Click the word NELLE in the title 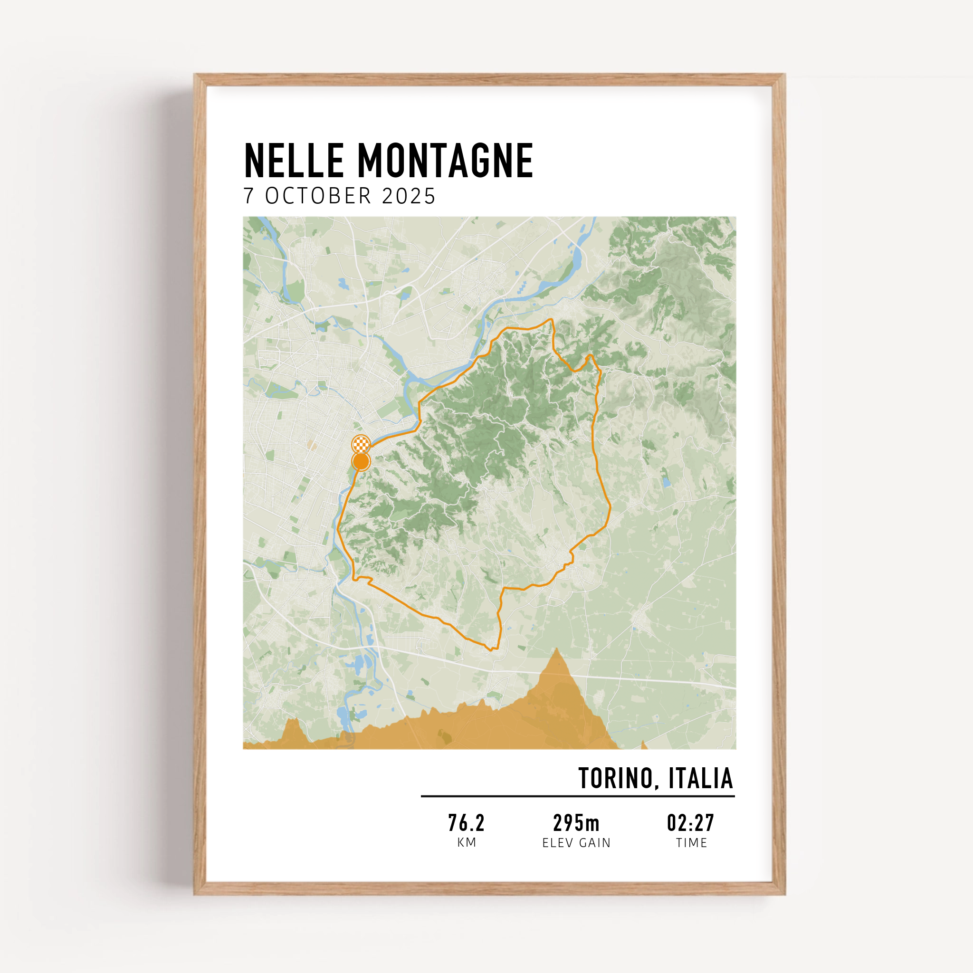tap(294, 161)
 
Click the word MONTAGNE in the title tap(445, 161)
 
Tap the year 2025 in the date tap(409, 196)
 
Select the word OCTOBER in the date tap(318, 196)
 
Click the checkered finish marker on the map tap(361, 444)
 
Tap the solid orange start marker tap(361, 461)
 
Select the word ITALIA tap(701, 779)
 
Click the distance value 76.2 tap(467, 823)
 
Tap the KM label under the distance tap(467, 842)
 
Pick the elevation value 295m tap(576, 823)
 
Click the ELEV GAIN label tap(576, 842)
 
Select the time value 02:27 tap(690, 823)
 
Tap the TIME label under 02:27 tap(691, 842)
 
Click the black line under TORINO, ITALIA tap(578, 796)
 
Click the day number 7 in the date tap(248, 196)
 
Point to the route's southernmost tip tap(490, 649)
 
